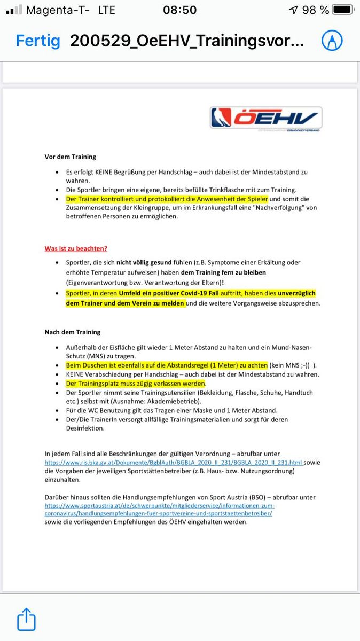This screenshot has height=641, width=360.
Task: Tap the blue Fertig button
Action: point(38,41)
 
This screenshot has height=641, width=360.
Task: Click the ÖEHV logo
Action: point(266,118)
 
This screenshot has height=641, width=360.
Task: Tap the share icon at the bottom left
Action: point(26,620)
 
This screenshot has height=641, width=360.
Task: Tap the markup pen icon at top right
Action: point(332,41)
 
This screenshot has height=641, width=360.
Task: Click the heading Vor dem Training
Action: point(70,157)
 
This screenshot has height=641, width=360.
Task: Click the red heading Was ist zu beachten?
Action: point(75,248)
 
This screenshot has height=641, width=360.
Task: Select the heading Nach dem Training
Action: point(72,332)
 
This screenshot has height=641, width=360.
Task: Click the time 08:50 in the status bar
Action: point(179,10)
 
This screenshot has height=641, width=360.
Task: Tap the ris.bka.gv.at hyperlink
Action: point(174,462)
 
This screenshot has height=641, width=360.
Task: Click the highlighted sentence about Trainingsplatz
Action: point(136,384)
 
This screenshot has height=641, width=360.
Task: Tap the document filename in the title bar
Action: point(187,41)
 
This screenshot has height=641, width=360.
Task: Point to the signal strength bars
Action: point(14,10)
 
